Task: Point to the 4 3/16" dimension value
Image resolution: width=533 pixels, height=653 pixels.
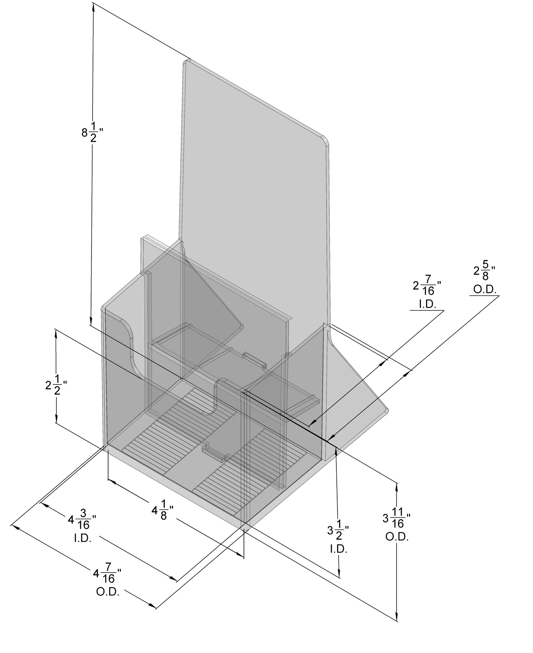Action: [x=82, y=519]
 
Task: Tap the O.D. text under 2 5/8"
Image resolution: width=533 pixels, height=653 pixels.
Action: [x=485, y=290]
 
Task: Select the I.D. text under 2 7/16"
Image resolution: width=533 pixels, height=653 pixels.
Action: [x=427, y=304]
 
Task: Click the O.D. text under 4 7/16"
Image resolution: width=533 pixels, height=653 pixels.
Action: [x=108, y=592]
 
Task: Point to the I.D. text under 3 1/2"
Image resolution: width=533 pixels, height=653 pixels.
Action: [x=338, y=549]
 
